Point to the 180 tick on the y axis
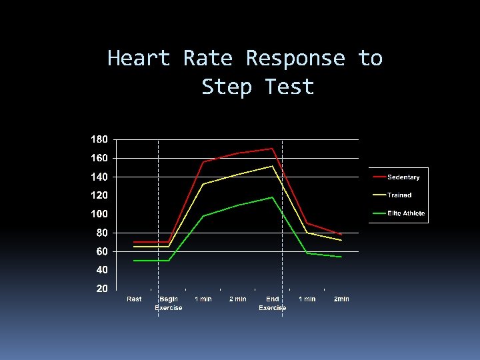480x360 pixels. [99, 139]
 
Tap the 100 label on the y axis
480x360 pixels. [99, 214]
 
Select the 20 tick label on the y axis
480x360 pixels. [101, 289]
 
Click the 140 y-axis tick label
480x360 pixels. [99, 177]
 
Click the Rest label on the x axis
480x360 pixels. [134, 299]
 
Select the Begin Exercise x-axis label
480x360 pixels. [169, 303]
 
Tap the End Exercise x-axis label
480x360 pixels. [272, 303]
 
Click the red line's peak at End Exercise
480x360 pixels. [272, 149]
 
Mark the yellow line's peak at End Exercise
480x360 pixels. [272, 166]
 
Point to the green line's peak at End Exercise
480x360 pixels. [272, 197]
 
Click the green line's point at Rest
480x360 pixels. [134, 261]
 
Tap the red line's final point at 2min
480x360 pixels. [341, 235]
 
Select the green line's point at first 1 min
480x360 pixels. [203, 216]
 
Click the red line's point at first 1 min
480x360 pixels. [203, 162]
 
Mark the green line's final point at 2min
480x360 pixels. [341, 257]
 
